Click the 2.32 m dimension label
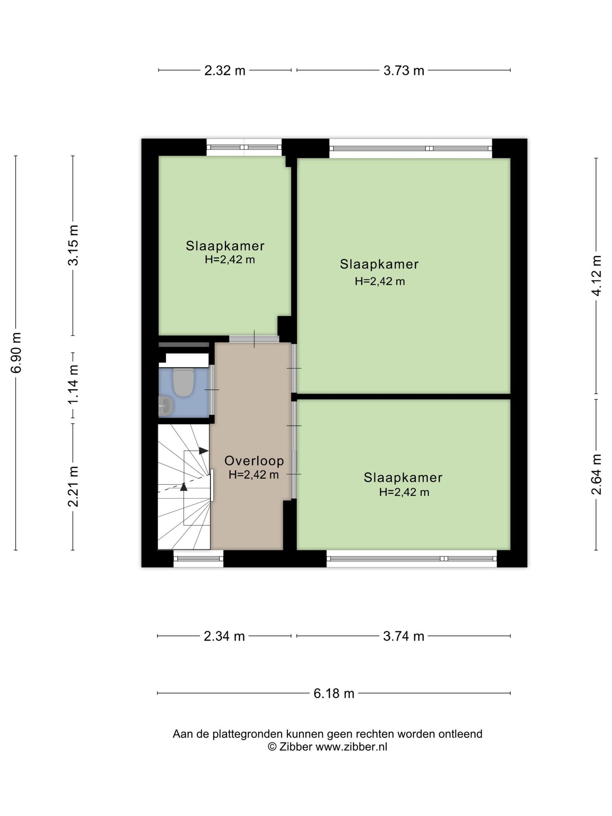pos(225,71)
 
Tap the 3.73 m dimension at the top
pos(404,71)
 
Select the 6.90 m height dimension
pos(16,352)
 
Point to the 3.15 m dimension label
pos(73,245)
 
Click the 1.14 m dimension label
pos(73,384)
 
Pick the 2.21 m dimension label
pos(73,486)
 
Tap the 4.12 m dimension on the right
pos(596,276)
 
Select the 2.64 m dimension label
pos(596,474)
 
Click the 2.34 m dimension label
pos(224,636)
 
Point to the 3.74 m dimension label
pos(404,636)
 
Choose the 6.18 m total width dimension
pos(334,694)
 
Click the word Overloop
pos(254,461)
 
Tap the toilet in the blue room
pos(183,382)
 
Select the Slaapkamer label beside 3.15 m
pos(225,246)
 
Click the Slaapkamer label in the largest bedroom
pos(379,264)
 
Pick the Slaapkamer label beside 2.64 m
pos(403,478)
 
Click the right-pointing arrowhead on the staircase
pos(204,451)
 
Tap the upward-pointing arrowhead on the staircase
pos(184,486)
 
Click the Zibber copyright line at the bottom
pos(328,747)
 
